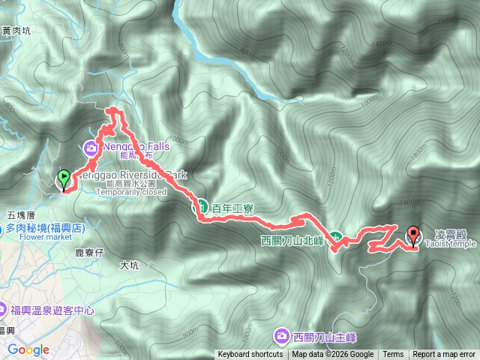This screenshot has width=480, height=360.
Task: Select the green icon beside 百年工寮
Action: pyautogui.click(x=202, y=205)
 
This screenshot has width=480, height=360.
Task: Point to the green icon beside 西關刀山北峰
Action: pyautogui.click(x=337, y=238)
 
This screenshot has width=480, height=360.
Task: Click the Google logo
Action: pyautogui.click(x=28, y=349)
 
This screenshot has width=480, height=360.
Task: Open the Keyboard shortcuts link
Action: pyautogui.click(x=250, y=355)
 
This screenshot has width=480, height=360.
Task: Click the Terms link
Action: pyautogui.click(x=393, y=355)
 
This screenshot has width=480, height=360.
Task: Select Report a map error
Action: pyautogui.click(x=444, y=355)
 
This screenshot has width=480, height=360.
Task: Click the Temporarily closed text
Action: pyautogui.click(x=142, y=191)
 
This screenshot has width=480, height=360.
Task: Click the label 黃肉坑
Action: pyautogui.click(x=16, y=31)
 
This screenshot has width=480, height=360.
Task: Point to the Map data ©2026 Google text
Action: pyautogui.click(x=333, y=355)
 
